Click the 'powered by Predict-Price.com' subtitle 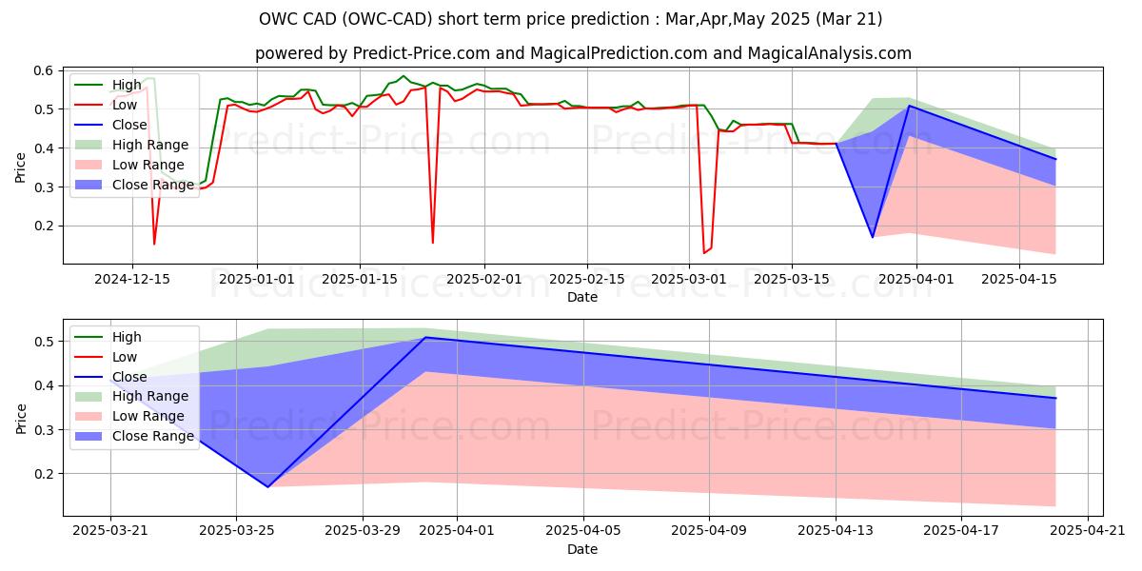click(583, 53)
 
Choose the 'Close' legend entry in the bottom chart click(130, 376)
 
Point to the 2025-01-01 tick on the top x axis click(257, 279)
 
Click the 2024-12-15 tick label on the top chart click(131, 279)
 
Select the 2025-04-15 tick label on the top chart click(1020, 279)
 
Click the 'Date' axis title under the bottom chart click(582, 550)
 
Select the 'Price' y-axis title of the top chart click(20, 166)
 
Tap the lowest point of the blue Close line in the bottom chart click(267, 487)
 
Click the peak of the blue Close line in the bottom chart click(425, 338)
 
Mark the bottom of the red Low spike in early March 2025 click(704, 252)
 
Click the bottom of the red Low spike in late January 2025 click(433, 243)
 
